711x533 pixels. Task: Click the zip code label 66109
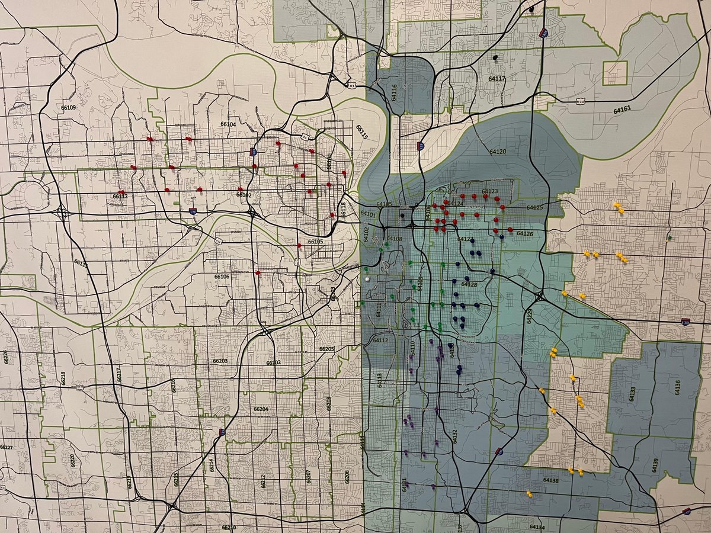pos(68,107)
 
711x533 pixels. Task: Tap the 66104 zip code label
pos(228,124)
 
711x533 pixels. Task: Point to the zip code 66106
pos(222,277)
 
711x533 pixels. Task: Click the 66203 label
pos(220,361)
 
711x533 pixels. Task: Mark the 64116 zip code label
pos(393,92)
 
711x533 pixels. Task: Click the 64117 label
pos(497,78)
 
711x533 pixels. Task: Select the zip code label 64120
pos(497,152)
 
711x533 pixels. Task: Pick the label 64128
pos(469,285)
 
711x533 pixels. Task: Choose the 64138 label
pos(550,481)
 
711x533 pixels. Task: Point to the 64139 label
pos(655,464)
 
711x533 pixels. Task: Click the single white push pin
pos(368,278)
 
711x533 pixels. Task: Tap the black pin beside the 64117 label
pos(495,57)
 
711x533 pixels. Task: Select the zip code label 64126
pos(525,234)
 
